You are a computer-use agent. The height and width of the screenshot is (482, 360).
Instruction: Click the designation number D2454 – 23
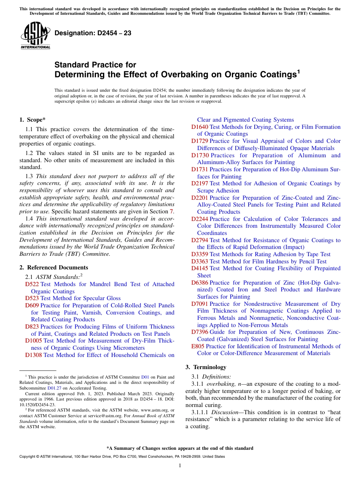click(93, 33)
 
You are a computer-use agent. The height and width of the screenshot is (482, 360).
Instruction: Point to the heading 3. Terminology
click(206, 367)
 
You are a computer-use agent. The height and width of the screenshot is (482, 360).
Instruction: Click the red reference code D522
click(32, 284)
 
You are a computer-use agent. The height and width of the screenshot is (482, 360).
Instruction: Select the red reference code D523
click(32, 298)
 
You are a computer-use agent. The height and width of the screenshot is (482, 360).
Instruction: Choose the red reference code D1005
click(33, 341)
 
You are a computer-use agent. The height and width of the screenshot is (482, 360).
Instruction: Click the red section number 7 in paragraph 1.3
click(171, 211)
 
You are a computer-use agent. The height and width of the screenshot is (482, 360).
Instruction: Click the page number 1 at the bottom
click(180, 465)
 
